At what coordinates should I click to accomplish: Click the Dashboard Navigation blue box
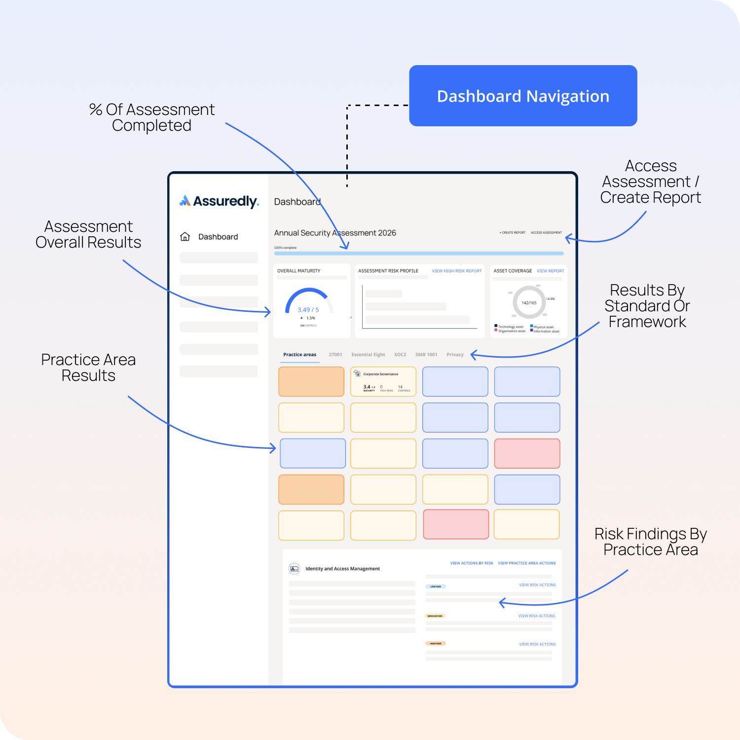click(523, 96)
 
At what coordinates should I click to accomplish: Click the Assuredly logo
click(219, 201)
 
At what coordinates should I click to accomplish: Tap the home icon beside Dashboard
click(185, 237)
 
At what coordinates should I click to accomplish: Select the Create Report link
click(513, 232)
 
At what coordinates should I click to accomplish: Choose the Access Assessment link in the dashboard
click(546, 232)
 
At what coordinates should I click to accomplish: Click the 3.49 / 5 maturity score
click(308, 310)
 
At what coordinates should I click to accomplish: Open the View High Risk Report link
click(456, 271)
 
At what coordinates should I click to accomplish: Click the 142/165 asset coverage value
click(529, 303)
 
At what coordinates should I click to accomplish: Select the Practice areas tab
click(299, 355)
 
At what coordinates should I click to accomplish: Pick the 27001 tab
click(335, 355)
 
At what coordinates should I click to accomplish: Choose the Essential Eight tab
click(368, 355)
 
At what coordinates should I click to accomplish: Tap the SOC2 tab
click(400, 355)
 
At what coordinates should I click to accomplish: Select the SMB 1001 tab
click(426, 355)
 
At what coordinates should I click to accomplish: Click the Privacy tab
click(455, 355)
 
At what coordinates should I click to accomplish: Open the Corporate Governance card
click(383, 381)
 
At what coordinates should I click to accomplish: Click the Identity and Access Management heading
click(342, 569)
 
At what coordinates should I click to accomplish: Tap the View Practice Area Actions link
click(526, 563)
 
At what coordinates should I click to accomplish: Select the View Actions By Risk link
click(471, 563)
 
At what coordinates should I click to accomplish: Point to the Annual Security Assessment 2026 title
click(335, 233)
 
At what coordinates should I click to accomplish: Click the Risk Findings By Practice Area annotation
click(650, 542)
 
